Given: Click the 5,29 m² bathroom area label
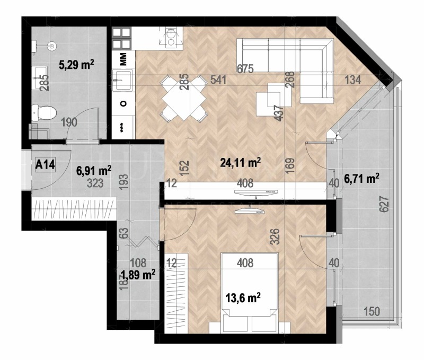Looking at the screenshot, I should (x=76, y=65).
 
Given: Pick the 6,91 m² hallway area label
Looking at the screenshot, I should (x=94, y=170).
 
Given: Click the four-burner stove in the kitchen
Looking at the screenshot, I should (x=122, y=38).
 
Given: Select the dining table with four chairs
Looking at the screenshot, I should (x=183, y=98).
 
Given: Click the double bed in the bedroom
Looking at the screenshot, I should (x=249, y=289).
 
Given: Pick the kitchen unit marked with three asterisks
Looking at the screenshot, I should (x=123, y=128).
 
